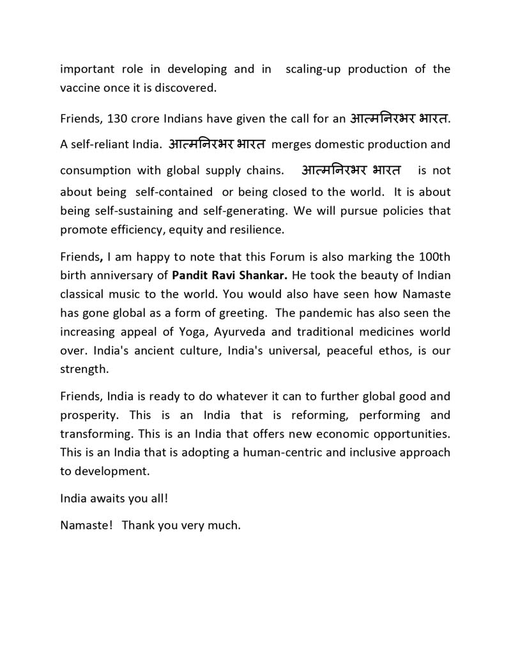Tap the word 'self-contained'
[174, 192]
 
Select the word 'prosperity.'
[89, 415]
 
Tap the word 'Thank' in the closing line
[137, 526]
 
